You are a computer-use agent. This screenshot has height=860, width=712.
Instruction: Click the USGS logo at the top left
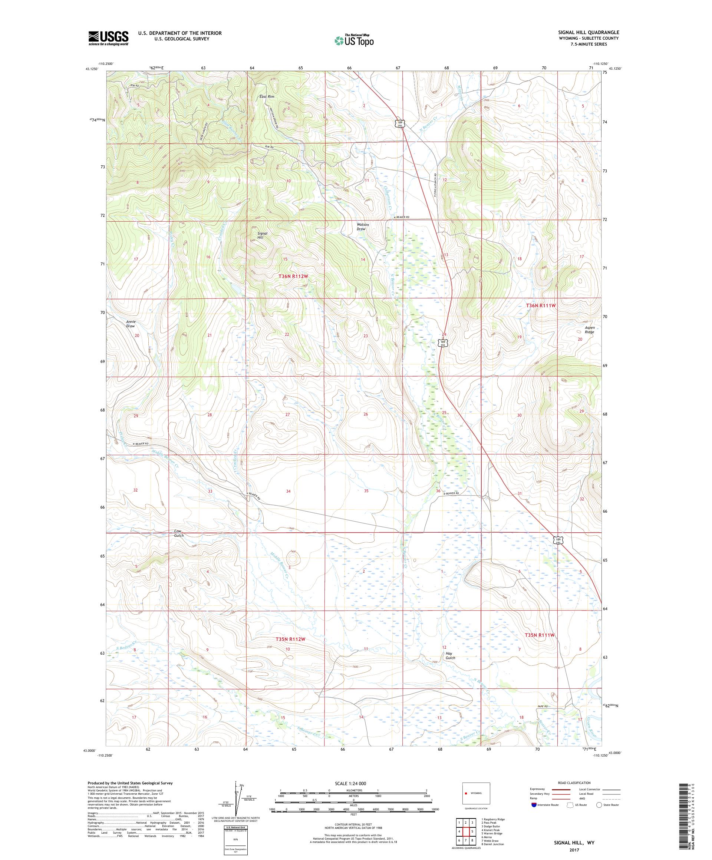109,38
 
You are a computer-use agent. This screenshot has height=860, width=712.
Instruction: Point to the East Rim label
267,97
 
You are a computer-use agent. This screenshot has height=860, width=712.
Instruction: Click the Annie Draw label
130,324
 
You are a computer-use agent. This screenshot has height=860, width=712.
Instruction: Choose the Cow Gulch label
179,533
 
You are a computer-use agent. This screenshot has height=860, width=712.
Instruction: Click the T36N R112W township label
293,277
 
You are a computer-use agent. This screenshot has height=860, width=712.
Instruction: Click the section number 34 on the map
289,491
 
